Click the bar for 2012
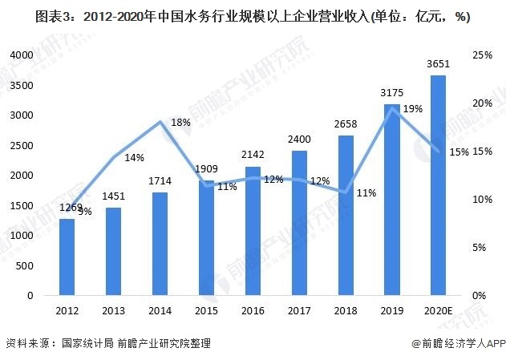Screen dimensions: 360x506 click(67, 257)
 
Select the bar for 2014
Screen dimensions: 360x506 click(160, 244)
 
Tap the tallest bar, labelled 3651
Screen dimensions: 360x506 click(438, 185)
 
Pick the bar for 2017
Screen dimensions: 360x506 click(299, 223)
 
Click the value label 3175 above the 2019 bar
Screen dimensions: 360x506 click(391, 93)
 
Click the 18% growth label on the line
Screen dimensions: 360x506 click(180, 123)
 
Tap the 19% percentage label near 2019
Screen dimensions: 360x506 click(413, 109)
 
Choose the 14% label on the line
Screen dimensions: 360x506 click(134, 158)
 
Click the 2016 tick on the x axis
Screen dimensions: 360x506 click(253, 309)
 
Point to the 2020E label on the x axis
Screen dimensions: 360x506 click(438, 309)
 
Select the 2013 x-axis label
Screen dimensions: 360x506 click(113, 309)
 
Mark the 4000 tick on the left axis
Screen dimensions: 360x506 click(22, 55)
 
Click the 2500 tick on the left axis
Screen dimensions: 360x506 click(22, 145)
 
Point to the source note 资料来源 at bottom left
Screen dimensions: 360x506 click(108, 343)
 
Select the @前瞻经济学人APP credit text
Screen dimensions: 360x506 click(457, 343)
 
